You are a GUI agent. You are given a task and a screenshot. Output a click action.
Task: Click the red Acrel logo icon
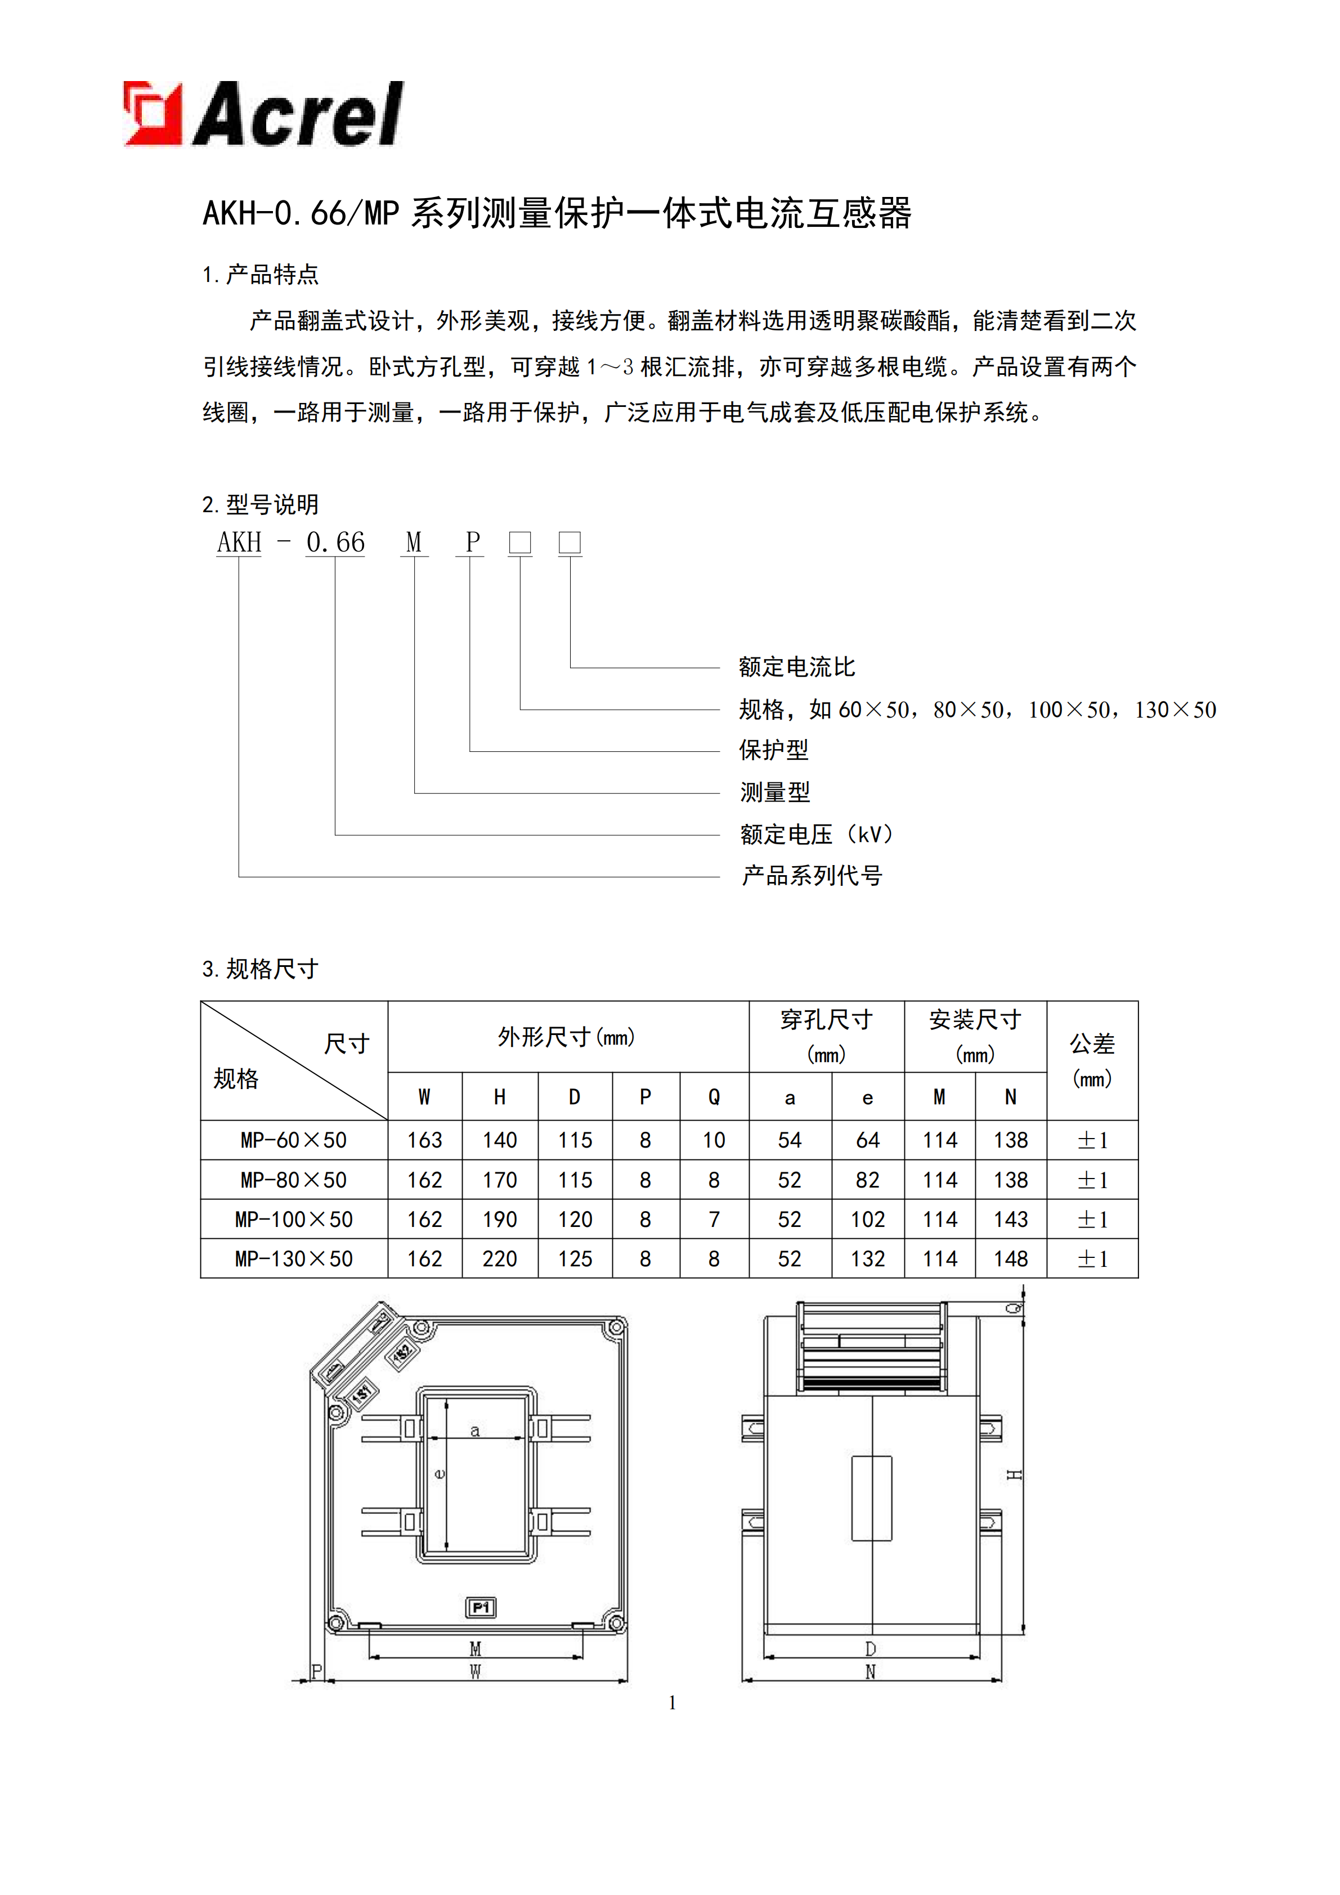(x=153, y=114)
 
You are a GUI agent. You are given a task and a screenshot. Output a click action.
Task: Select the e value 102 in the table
(x=867, y=1219)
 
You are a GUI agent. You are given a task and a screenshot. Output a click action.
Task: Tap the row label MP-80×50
(x=294, y=1180)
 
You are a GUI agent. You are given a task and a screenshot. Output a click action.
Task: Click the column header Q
(x=714, y=1097)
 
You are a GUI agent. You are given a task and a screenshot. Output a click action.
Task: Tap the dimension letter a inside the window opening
(x=474, y=1430)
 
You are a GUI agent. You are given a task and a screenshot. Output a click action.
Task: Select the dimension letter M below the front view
(x=475, y=1648)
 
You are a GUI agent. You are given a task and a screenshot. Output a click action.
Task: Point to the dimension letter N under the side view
(x=870, y=1672)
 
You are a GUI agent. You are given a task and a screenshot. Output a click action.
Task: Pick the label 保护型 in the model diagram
(x=773, y=750)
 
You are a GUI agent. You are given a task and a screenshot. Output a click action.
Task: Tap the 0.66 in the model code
(x=335, y=542)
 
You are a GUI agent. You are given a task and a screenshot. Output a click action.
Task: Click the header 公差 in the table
(x=1092, y=1044)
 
